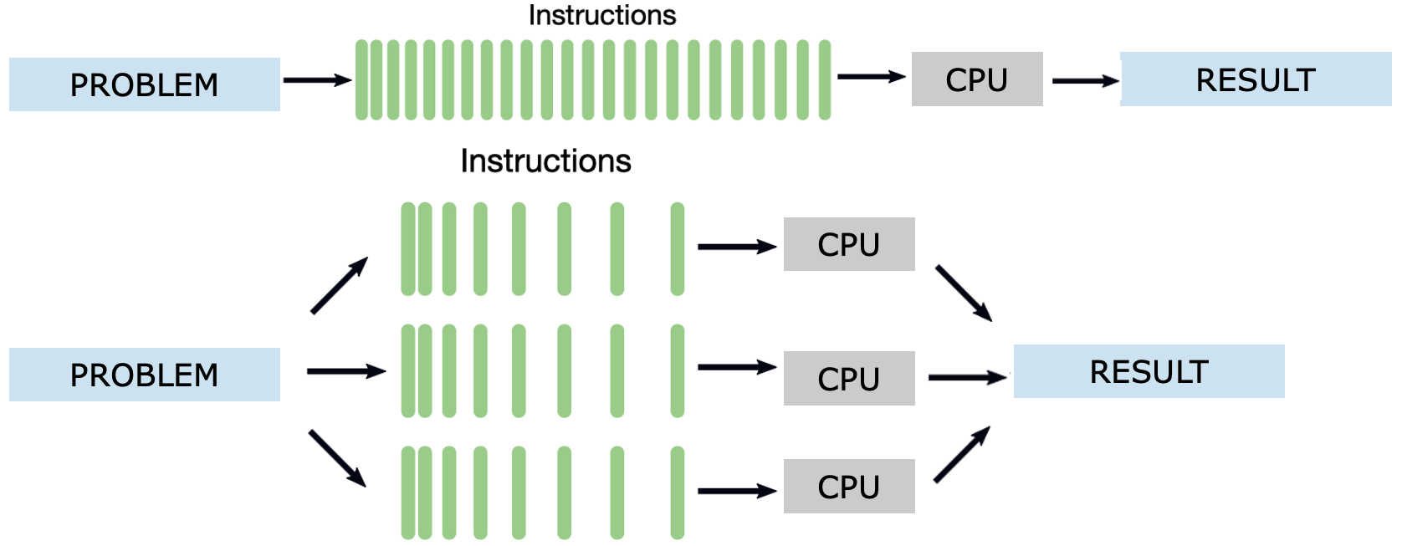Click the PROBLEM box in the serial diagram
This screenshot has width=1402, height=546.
pos(144,84)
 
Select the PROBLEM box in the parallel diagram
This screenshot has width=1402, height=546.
pos(144,375)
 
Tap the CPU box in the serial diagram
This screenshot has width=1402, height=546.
pos(976,79)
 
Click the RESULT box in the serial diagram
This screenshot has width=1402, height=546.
pos(1255,79)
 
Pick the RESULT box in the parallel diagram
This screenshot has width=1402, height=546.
pos(1149,371)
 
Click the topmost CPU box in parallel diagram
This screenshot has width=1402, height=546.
pos(848,244)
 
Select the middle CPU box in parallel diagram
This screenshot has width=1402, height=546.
pos(848,379)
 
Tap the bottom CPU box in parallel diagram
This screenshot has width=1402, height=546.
pos(848,487)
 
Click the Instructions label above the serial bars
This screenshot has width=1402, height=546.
pos(601,15)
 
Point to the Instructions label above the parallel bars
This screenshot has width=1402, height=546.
pos(545,161)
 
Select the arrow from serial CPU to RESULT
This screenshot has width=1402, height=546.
pos(1084,81)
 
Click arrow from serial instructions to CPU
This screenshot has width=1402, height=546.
pos(870,77)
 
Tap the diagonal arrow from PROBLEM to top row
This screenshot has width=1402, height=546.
pos(339,286)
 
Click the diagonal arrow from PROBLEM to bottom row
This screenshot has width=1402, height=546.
pos(337,458)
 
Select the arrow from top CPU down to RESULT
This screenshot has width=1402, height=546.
pos(964,293)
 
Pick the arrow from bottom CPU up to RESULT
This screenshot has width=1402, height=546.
pos(962,455)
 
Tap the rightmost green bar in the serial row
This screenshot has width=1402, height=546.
pos(824,80)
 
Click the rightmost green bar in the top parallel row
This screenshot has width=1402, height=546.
pos(677,249)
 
